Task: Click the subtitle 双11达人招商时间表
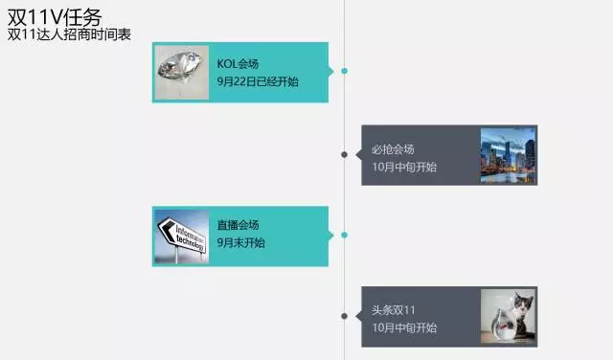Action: (x=69, y=34)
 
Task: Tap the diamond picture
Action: (x=181, y=72)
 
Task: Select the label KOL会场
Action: (x=238, y=64)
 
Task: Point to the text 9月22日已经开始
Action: (x=258, y=81)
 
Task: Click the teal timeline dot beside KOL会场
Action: (x=344, y=71)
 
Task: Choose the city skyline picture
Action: (x=508, y=155)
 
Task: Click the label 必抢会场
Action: (x=393, y=149)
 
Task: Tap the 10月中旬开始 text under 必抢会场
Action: (x=404, y=167)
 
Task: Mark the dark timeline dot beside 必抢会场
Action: (x=344, y=154)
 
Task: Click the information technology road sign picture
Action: (x=181, y=236)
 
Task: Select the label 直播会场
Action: (x=238, y=225)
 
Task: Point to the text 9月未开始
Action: (x=241, y=243)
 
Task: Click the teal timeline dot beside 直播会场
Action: (x=344, y=235)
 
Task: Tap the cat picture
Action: (x=508, y=317)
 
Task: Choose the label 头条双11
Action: (x=394, y=310)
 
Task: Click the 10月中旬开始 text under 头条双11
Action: (x=404, y=327)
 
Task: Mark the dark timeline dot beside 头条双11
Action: (x=344, y=316)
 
